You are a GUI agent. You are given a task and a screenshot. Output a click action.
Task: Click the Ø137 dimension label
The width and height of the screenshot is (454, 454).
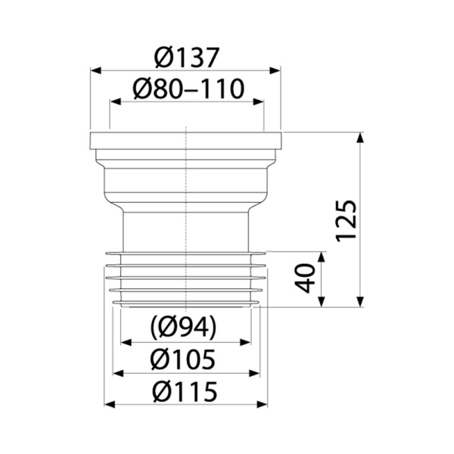click(x=185, y=58)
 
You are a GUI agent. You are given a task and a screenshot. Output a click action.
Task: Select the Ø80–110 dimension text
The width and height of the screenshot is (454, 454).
click(x=188, y=89)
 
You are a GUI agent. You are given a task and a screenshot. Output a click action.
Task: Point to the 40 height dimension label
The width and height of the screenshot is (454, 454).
click(x=305, y=278)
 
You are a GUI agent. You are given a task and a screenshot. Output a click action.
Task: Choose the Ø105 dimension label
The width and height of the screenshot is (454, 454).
click(x=183, y=359)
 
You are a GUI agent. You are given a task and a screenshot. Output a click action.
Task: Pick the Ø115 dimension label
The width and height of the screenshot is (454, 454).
click(x=185, y=391)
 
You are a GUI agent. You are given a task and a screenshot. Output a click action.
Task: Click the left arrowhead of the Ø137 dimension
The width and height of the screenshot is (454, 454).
click(x=96, y=70)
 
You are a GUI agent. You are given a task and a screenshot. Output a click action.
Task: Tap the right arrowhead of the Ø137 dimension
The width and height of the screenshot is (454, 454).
click(x=275, y=70)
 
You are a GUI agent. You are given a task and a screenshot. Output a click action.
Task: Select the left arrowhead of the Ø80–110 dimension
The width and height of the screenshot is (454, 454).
click(x=115, y=101)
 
